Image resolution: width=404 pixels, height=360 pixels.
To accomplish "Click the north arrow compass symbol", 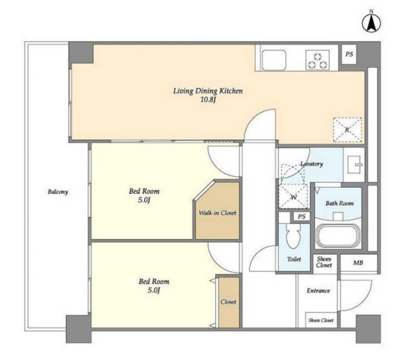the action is click(371, 24).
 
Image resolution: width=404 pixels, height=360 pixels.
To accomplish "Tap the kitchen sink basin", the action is click(274, 59).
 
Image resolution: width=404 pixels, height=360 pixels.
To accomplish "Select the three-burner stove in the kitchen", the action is click(318, 59).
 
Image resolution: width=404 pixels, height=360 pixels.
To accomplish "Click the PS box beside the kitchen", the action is click(349, 54).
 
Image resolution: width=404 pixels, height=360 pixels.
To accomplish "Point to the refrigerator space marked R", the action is click(347, 130).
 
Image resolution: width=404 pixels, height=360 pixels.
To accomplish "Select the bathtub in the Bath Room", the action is click(338, 236).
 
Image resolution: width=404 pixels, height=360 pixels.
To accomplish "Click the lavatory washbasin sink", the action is click(354, 164).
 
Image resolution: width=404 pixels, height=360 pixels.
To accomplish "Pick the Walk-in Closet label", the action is click(218, 213).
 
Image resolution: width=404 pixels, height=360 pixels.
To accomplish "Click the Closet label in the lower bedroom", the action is click(228, 302).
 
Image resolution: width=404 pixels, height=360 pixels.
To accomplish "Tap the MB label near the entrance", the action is click(358, 263).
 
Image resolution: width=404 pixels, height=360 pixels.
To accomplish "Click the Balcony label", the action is click(58, 192).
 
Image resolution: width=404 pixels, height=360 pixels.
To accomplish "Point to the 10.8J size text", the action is click(208, 100).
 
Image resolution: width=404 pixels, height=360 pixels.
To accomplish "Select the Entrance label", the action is click(318, 291).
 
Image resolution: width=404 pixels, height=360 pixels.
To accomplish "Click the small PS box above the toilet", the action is click(302, 216).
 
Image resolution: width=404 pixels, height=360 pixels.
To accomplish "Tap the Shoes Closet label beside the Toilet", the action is click(324, 262).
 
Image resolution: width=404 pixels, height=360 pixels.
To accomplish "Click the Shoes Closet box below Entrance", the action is click(321, 320).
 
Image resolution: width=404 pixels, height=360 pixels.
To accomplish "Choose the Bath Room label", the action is click(339, 203).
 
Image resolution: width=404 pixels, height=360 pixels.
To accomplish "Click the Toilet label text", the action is click(294, 259).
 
